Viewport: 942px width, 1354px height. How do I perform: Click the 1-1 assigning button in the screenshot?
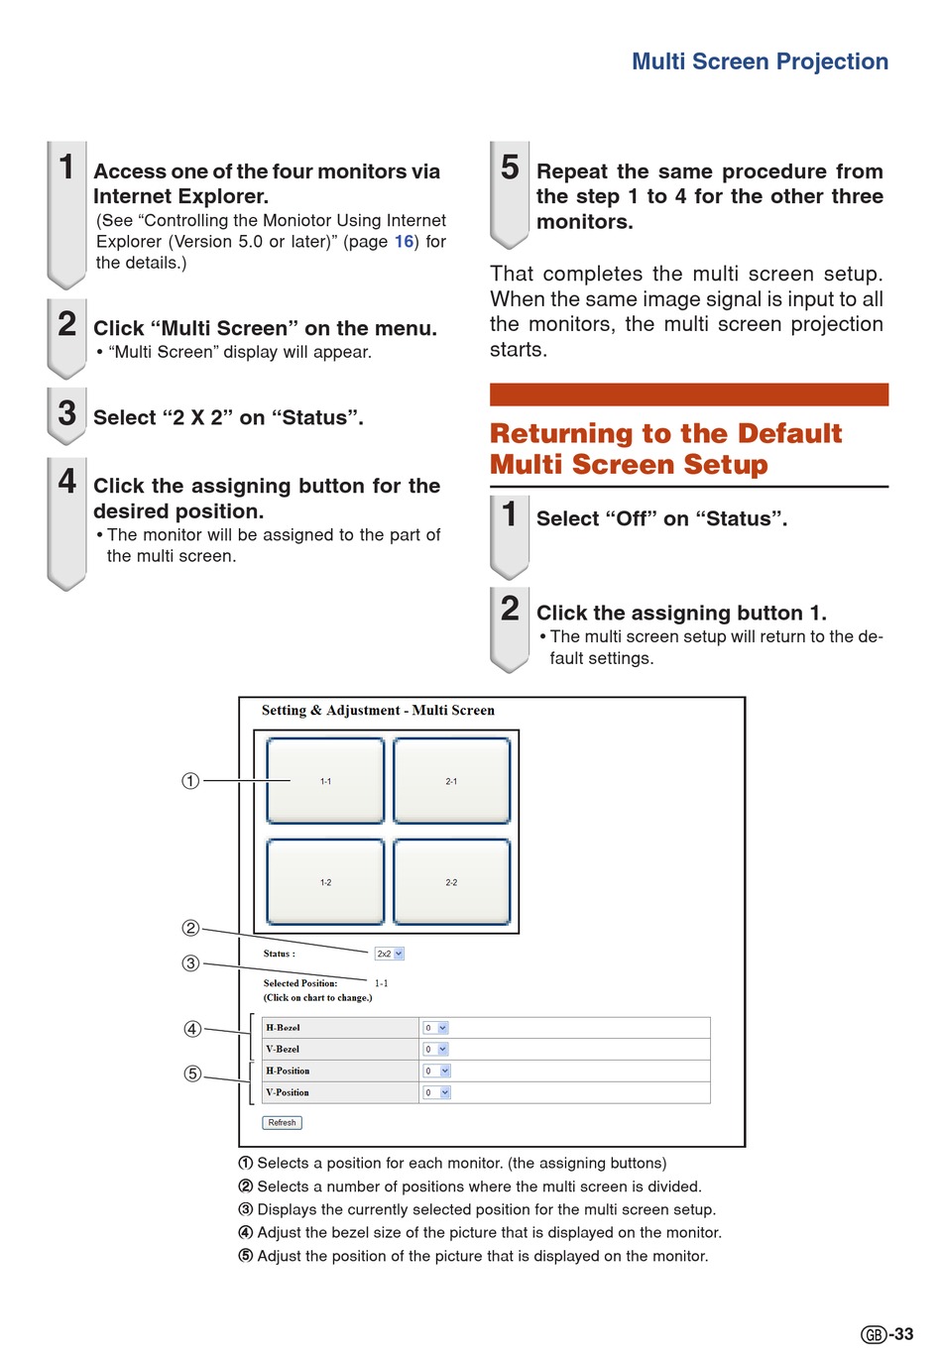325,781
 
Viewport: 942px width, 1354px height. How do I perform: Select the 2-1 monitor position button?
451,781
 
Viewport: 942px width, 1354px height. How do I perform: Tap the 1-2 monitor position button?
325,882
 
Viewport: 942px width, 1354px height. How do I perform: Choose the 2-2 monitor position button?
451,882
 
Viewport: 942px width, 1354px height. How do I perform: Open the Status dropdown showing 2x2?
389,954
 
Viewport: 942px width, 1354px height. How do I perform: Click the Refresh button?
282,1123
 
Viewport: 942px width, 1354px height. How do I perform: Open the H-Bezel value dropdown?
436,1028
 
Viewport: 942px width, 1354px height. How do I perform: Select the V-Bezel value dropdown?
436,1049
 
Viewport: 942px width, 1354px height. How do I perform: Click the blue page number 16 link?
404,242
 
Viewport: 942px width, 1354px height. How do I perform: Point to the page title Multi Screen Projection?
760,61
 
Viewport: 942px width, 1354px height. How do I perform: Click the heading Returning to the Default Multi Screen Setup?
665,449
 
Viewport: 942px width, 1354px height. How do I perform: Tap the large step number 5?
510,168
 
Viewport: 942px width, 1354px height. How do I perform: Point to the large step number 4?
66,481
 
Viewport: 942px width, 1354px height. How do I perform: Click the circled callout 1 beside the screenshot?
190,781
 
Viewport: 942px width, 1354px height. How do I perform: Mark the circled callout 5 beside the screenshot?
192,1073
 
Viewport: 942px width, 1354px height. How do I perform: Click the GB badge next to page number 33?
874,1335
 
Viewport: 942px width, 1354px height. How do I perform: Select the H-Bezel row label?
283,1028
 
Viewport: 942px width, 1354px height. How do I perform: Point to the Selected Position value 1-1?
381,983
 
